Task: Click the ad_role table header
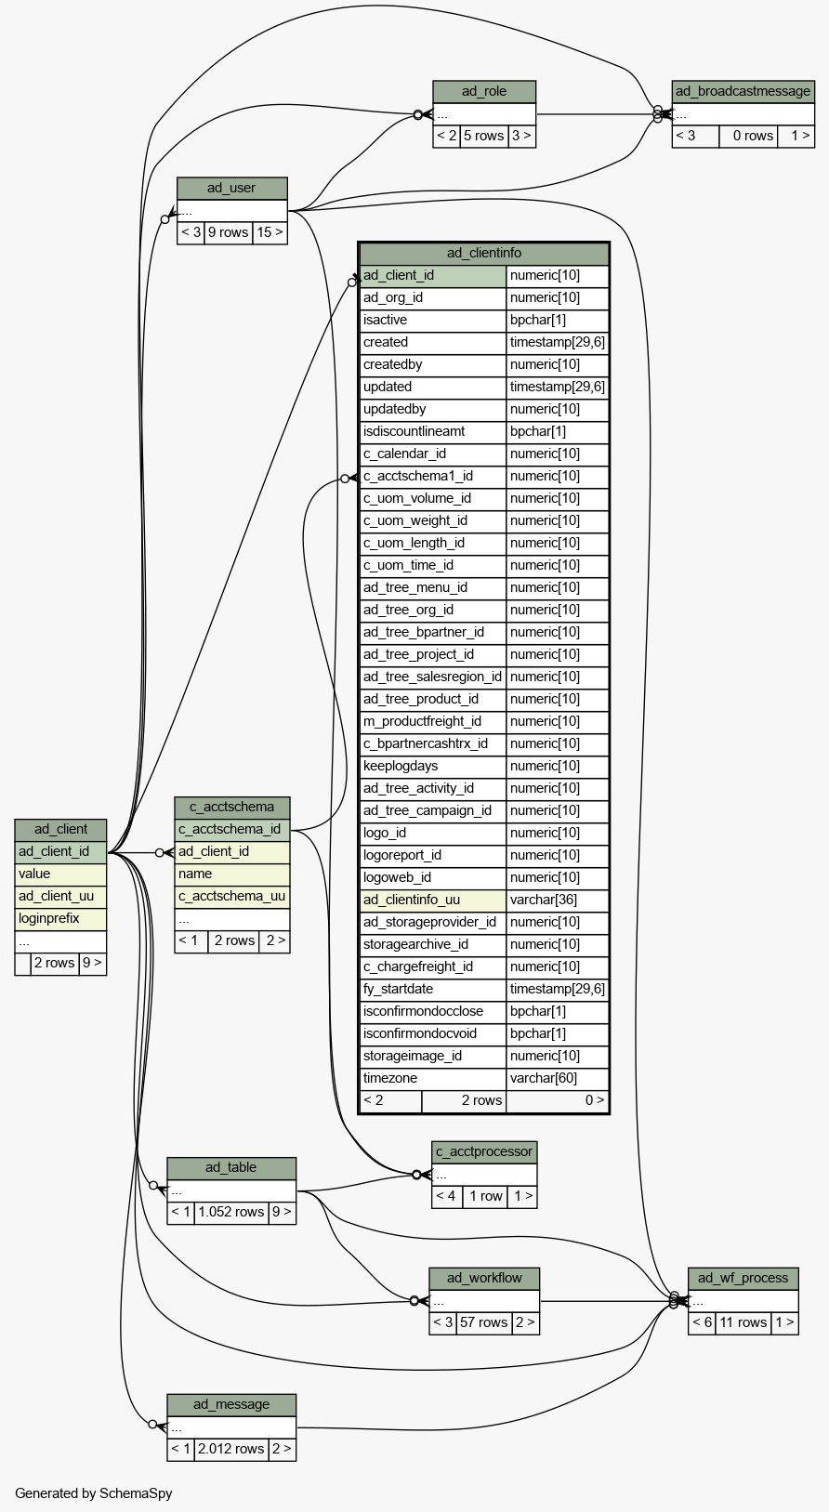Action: pyautogui.click(x=484, y=92)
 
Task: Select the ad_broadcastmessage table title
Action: pyautogui.click(x=743, y=92)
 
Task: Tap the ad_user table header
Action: pyautogui.click(x=231, y=189)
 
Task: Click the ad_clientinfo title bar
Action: pyautogui.click(x=484, y=253)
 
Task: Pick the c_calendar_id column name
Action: pyautogui.click(x=404, y=454)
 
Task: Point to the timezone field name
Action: pyautogui.click(x=390, y=1078)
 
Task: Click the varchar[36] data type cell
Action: pyautogui.click(x=544, y=900)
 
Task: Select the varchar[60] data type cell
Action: pyautogui.click(x=544, y=1078)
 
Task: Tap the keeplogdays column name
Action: pyautogui.click(x=401, y=766)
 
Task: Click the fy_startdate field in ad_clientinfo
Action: pyautogui.click(x=399, y=989)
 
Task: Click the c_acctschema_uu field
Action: pyautogui.click(x=232, y=897)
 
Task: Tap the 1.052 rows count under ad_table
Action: pyautogui.click(x=230, y=1212)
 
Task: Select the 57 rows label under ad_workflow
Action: pyautogui.click(x=483, y=1322)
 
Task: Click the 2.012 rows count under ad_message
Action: pyautogui.click(x=230, y=1449)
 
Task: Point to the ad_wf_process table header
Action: pyautogui.click(x=743, y=1278)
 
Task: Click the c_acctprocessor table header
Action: pyautogui.click(x=484, y=1151)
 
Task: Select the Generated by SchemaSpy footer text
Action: pyautogui.click(x=93, y=1493)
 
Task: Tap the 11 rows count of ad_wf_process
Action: pyautogui.click(x=743, y=1322)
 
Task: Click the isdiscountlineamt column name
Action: pyautogui.click(x=414, y=431)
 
